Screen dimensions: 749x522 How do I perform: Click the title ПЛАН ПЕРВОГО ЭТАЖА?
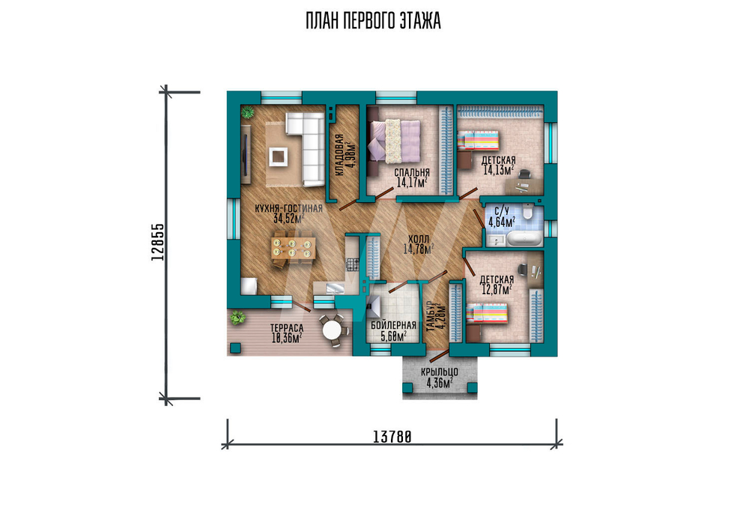click(x=373, y=21)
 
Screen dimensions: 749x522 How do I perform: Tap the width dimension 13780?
click(x=392, y=437)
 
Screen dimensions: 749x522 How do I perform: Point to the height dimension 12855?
click(x=157, y=242)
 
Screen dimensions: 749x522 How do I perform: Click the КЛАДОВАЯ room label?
click(x=339, y=156)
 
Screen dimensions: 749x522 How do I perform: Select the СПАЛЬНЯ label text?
click(x=412, y=172)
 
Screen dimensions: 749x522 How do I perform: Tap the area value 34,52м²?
click(x=288, y=218)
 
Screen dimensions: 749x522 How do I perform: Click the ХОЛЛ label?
click(x=419, y=239)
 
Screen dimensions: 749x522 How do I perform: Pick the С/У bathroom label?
click(x=501, y=211)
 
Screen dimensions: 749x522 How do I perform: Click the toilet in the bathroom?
click(x=527, y=211)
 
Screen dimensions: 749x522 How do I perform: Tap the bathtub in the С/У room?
click(x=524, y=238)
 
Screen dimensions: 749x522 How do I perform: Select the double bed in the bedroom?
click(x=394, y=141)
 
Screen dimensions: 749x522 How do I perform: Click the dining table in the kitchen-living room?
click(x=293, y=248)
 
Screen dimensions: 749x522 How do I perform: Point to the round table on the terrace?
click(x=332, y=329)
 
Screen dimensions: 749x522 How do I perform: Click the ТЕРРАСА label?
click(x=287, y=328)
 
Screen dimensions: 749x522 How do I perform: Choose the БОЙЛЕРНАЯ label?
click(x=394, y=326)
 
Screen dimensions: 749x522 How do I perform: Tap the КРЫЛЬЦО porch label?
click(x=440, y=372)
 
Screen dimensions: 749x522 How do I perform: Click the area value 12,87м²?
click(x=497, y=289)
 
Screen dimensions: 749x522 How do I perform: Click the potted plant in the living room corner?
click(x=247, y=112)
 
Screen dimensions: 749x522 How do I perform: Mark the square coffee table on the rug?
click(x=279, y=157)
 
